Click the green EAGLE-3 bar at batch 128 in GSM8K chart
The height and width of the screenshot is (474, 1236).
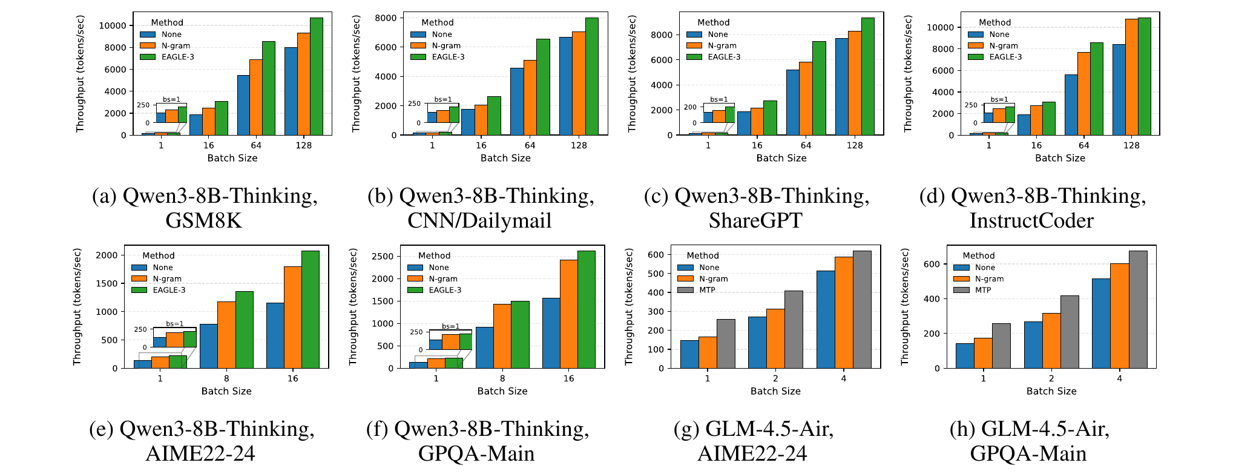point(317,76)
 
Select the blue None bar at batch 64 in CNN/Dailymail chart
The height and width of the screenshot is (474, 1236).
point(517,101)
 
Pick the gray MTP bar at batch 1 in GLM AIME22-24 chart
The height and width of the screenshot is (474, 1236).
point(726,343)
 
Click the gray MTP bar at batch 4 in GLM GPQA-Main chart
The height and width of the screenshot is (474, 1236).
point(1138,309)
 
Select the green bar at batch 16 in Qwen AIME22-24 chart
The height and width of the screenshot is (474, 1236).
point(311,309)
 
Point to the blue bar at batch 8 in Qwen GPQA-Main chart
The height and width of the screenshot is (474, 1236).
point(484,347)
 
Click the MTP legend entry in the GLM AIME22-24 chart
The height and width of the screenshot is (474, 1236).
point(706,290)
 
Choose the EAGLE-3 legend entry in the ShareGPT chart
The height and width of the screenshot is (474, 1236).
point(723,57)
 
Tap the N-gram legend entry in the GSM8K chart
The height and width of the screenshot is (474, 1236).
point(175,45)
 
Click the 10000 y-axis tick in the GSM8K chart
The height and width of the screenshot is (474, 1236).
point(113,25)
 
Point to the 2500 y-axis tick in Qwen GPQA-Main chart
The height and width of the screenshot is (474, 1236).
point(383,256)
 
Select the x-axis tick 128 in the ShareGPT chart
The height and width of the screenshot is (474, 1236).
point(855,145)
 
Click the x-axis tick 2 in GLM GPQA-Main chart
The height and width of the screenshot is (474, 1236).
point(1051,378)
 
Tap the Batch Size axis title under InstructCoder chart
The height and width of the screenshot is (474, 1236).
point(1060,158)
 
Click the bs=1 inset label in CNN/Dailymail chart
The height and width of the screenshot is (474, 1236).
point(442,99)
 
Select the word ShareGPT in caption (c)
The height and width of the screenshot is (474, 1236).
point(755,220)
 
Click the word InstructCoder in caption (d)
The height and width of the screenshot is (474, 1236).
point(1031,220)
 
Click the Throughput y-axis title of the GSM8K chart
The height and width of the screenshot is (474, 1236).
point(80,73)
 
